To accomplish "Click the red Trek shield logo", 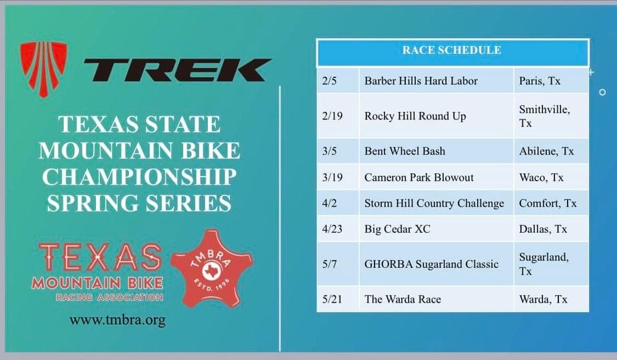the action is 44,69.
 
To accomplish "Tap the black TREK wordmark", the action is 177,71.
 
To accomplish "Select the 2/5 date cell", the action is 338,81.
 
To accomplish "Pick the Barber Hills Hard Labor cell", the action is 436,81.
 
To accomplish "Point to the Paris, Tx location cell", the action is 551,81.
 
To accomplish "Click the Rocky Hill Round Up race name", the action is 415,116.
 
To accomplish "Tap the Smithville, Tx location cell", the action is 551,116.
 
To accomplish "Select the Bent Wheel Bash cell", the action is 436,151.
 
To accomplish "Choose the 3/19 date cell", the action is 338,177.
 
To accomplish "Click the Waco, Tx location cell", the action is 551,177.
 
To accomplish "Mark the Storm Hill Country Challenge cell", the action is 436,203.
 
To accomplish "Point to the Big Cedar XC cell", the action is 436,229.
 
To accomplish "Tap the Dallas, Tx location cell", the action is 551,229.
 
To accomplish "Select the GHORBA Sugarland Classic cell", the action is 436,264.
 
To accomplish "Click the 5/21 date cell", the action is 338,299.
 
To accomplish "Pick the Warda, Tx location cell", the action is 551,299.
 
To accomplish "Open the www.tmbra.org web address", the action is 117,320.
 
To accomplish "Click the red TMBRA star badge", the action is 212,268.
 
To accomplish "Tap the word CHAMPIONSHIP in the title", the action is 139,177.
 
